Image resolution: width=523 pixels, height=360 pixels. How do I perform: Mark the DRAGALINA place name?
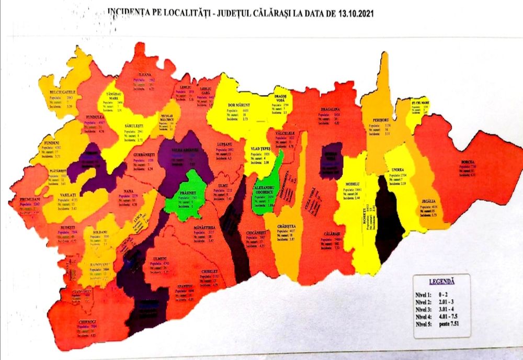331,110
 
